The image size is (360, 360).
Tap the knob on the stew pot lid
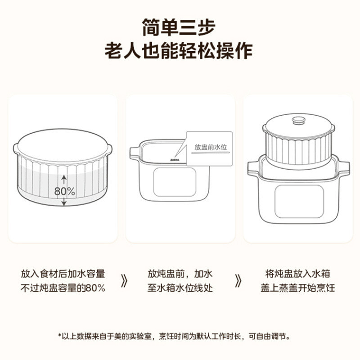(x=298, y=121)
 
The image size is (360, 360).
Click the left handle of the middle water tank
(x=134, y=153)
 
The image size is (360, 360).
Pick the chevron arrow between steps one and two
(x=125, y=281)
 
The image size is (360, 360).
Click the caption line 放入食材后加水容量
(x=63, y=274)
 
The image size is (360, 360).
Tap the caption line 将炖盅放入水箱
(x=297, y=274)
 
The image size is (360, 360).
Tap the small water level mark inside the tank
(x=175, y=159)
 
